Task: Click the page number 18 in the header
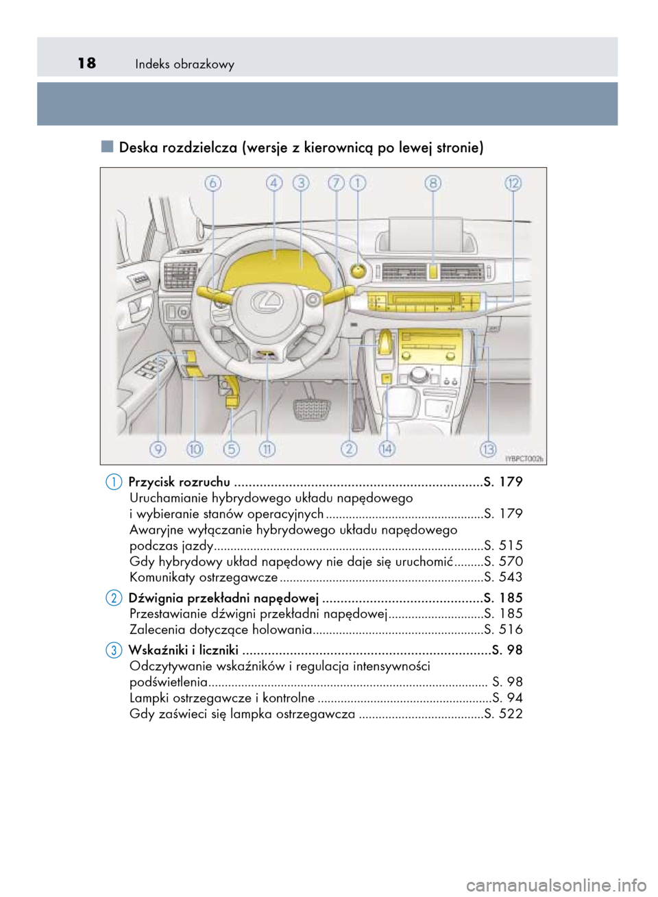point(86,64)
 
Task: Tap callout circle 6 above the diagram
point(212,183)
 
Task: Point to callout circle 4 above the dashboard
point(274,183)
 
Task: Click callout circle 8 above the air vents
point(432,183)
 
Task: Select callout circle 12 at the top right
point(513,183)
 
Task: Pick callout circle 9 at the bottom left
point(158,449)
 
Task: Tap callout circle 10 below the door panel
point(195,449)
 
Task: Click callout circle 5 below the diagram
point(232,449)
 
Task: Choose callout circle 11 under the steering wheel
point(267,449)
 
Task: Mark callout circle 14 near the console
point(387,449)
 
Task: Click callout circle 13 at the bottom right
point(487,449)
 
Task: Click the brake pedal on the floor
point(313,410)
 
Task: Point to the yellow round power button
point(358,271)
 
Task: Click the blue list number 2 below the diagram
point(114,598)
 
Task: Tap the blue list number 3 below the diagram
point(114,650)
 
